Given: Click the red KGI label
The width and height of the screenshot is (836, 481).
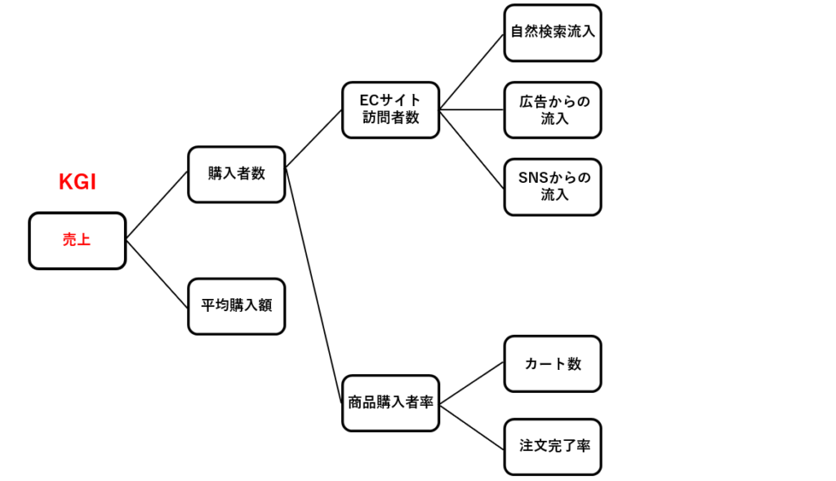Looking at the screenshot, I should pyautogui.click(x=78, y=182).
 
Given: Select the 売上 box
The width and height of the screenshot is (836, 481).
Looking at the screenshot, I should pyautogui.click(x=78, y=241).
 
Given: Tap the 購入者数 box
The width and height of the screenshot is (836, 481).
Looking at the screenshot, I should pyautogui.click(x=237, y=174).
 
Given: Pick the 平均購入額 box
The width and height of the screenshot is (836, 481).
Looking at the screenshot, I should pyautogui.click(x=237, y=306).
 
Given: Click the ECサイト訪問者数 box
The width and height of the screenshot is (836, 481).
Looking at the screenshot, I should pyautogui.click(x=391, y=109).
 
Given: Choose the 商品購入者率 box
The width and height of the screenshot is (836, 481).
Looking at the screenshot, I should pyautogui.click(x=391, y=403).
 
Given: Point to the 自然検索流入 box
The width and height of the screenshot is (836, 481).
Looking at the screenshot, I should pyautogui.click(x=553, y=33).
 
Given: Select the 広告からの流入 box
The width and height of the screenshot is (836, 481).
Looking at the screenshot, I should pyautogui.click(x=553, y=109).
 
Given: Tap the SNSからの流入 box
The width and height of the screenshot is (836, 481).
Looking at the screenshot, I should pyautogui.click(x=553, y=186).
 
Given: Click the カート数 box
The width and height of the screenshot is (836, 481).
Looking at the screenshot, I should pyautogui.click(x=553, y=364).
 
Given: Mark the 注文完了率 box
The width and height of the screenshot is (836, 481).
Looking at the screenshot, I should pyautogui.click(x=553, y=447).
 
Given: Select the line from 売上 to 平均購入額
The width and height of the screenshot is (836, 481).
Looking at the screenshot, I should pyautogui.click(x=157, y=274).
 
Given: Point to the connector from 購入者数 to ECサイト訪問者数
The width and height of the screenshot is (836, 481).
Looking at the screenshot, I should pyautogui.click(x=313, y=140).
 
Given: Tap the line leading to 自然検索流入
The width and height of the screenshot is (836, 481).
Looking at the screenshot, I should pyautogui.click(x=472, y=71).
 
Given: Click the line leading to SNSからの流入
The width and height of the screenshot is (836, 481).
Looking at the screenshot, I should pyautogui.click(x=472, y=148).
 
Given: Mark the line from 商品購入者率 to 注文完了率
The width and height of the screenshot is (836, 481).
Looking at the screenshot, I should pyautogui.click(x=472, y=426).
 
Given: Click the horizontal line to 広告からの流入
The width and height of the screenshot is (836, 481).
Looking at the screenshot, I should pyautogui.click(x=472, y=109).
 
